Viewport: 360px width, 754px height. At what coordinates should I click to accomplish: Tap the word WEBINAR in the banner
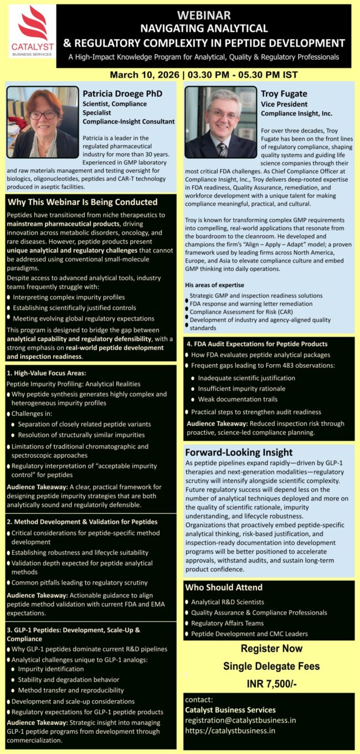pyautogui.click(x=204, y=16)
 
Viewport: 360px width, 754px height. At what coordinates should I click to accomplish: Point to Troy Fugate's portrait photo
pyautogui.click(x=220, y=122)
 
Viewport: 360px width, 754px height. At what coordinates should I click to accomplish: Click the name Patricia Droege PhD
pyautogui.click(x=122, y=94)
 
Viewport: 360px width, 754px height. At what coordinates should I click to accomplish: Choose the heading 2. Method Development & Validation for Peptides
pyautogui.click(x=82, y=521)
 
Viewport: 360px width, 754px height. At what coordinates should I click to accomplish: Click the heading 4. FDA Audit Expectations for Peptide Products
pyautogui.click(x=257, y=344)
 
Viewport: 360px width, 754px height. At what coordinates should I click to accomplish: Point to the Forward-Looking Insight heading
pyautogui.click(x=239, y=452)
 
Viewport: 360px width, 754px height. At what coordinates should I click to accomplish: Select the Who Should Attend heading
pyautogui.click(x=224, y=587)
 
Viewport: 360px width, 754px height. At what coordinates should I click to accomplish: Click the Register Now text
pyautogui.click(x=271, y=648)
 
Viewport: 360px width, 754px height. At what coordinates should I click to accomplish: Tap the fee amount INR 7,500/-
pyautogui.click(x=271, y=684)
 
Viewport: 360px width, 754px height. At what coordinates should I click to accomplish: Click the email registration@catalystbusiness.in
pyautogui.click(x=240, y=720)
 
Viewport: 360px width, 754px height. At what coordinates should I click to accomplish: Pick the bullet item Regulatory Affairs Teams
pyautogui.click(x=227, y=623)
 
